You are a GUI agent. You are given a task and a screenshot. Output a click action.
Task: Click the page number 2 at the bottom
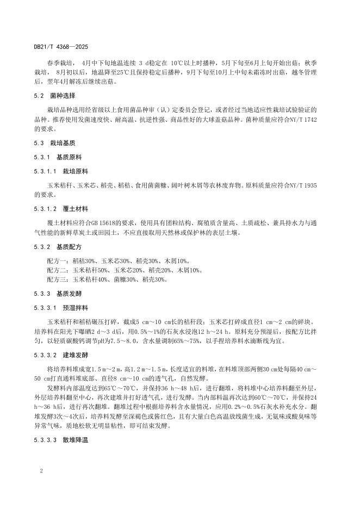41,468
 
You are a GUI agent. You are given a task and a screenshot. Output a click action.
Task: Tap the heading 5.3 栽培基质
51,142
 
